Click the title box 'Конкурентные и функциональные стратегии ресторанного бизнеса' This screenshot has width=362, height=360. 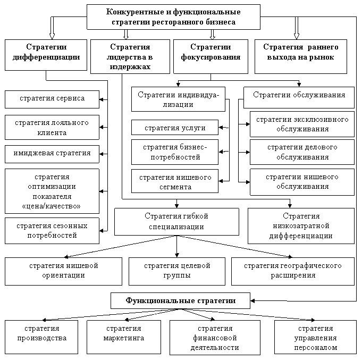pos(173,17)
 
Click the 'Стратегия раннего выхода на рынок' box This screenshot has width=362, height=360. pos(301,52)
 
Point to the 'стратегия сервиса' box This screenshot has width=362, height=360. pos(52,99)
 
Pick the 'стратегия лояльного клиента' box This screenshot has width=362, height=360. pos(52,128)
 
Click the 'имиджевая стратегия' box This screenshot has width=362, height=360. pos(52,153)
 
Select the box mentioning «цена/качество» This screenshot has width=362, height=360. pos(52,191)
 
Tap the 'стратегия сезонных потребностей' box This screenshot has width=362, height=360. pos(52,230)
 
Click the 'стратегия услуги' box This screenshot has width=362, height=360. pos(175,128)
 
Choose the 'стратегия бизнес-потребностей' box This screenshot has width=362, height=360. pos(175,152)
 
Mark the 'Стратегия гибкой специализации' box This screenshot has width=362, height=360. pos(176,221)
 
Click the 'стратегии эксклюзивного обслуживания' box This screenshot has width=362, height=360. pos(302,124)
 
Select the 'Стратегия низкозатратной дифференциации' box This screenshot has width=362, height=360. pos(301,225)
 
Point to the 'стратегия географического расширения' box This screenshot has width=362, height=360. pos(293,271)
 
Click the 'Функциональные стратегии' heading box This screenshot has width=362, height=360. pos(180,301)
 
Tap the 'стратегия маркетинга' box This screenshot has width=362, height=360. pos(124,333)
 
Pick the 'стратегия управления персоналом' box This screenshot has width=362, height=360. pos(315,338)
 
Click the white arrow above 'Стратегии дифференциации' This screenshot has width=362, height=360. pos(52,27)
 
